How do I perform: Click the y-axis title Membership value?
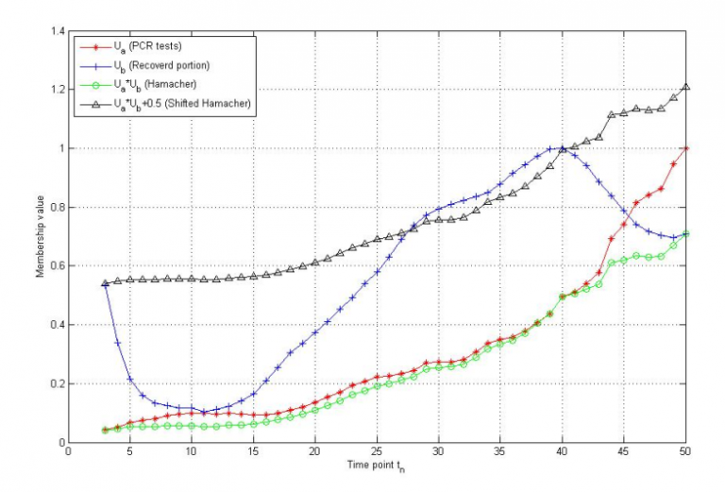pyautogui.click(x=39, y=236)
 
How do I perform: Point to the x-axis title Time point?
pyautogui.click(x=377, y=466)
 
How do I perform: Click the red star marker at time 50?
pyautogui.click(x=685, y=148)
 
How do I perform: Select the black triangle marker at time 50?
pyautogui.click(x=685, y=87)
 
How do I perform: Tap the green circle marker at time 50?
pyautogui.click(x=685, y=233)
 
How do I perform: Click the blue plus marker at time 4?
pyautogui.click(x=118, y=342)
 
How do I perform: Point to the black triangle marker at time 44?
pyautogui.click(x=612, y=114)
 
